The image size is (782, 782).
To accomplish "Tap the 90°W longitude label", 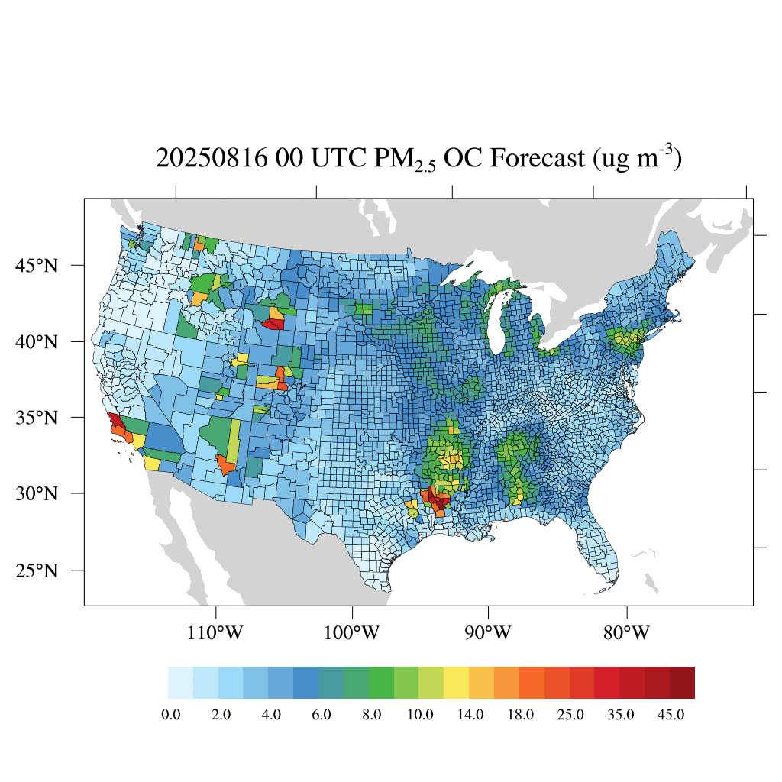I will click(488, 633).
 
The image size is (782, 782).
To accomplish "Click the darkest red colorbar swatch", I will click(682, 683).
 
